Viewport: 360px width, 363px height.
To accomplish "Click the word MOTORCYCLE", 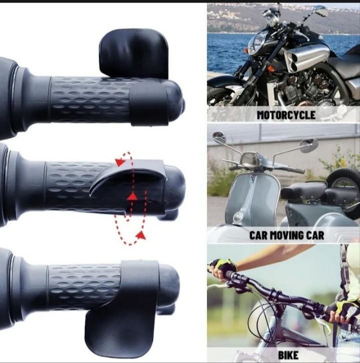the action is [x=286, y=115].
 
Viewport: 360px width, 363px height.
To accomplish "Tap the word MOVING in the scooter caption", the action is [x=287, y=235].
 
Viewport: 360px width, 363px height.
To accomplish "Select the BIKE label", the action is [x=288, y=355].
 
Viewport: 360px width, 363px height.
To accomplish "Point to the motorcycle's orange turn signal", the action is [x=270, y=69].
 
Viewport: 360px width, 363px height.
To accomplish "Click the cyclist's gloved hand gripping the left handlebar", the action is [x=222, y=269].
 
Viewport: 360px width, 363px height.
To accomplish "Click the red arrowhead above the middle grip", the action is [x=120, y=162].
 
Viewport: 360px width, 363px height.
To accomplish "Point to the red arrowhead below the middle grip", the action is [x=141, y=235].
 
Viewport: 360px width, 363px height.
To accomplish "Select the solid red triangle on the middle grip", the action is [x=132, y=196].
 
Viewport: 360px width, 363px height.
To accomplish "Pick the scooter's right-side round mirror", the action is [x=309, y=145].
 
